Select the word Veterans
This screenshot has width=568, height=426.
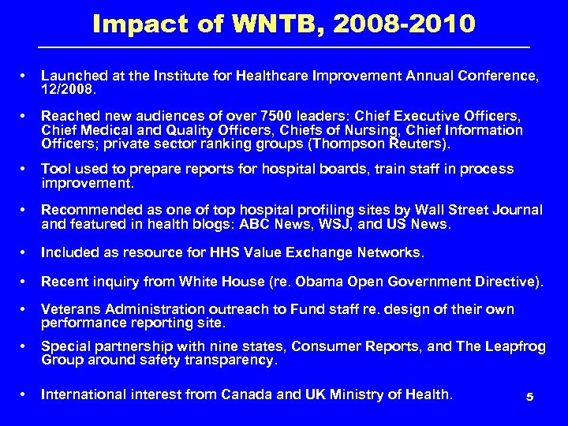click(x=71, y=309)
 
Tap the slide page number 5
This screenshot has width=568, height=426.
click(x=530, y=398)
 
